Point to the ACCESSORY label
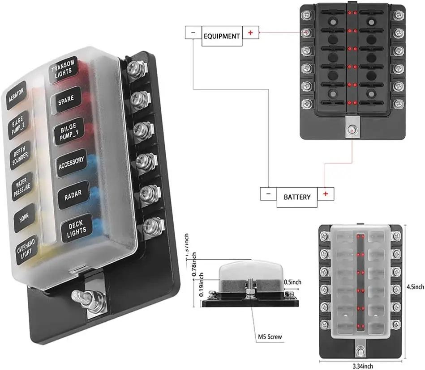71,163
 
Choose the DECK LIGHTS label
76,227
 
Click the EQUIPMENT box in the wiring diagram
222,36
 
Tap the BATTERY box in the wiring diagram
297,197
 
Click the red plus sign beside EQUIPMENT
250,33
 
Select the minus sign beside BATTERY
268,193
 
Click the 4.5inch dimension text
416,287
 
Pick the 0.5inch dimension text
292,282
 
